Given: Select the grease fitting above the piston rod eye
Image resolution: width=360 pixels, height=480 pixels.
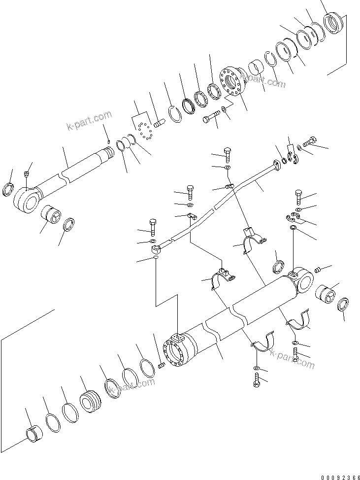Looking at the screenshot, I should click(27, 173).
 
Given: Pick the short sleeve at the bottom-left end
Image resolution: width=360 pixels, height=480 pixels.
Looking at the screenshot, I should click(33, 434).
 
